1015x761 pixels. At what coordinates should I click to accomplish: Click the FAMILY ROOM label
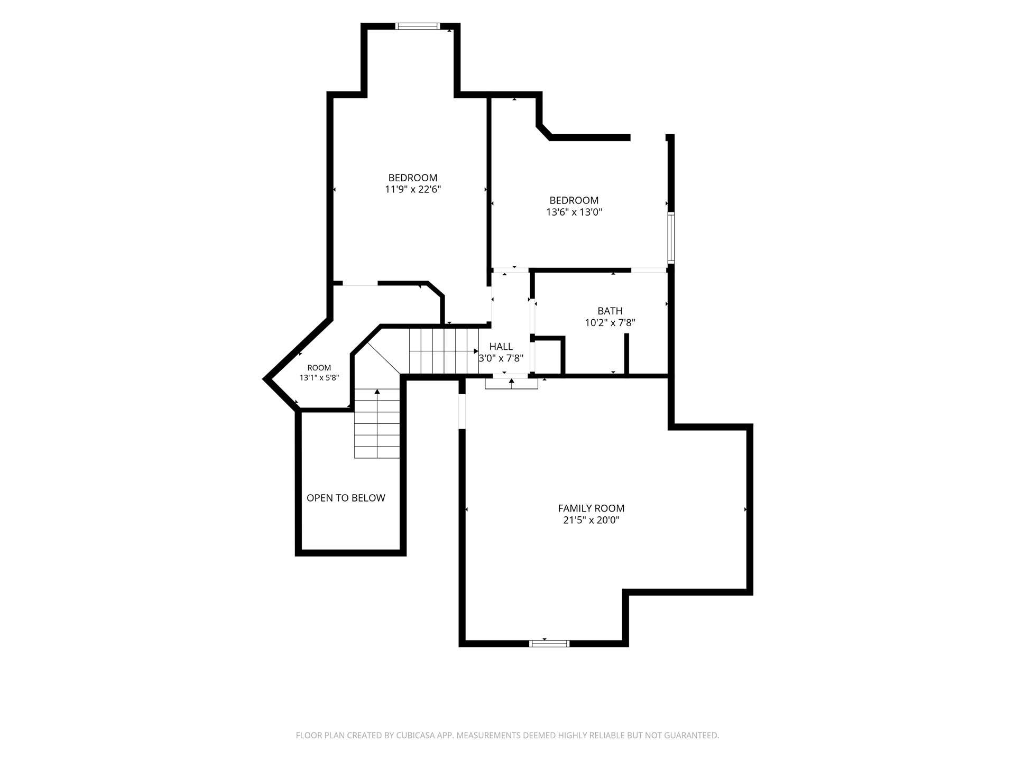coord(591,508)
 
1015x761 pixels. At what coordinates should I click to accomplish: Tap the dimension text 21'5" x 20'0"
coord(591,520)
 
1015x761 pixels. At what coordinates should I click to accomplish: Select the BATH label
coord(610,311)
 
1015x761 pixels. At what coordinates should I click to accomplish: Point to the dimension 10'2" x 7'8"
coord(610,322)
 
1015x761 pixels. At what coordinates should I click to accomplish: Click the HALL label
coord(501,347)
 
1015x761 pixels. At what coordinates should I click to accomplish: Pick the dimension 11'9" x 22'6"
coord(413,189)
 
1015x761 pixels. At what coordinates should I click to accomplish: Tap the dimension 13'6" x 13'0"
coord(574,212)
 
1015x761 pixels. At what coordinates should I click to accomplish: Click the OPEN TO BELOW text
coord(346,498)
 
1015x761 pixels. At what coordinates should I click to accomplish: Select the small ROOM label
coord(319,368)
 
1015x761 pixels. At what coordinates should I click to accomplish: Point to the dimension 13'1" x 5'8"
coord(319,378)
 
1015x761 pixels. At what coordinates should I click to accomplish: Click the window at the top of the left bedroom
coord(418,26)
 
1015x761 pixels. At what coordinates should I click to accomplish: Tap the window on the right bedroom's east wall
coord(671,238)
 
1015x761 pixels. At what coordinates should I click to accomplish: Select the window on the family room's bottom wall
coord(549,643)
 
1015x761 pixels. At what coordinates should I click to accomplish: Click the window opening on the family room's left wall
coord(462,412)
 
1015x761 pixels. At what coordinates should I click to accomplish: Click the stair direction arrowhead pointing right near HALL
coord(476,351)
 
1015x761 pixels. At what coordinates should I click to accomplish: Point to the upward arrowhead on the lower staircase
coord(377,392)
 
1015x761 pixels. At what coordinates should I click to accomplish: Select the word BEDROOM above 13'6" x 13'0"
coord(574,200)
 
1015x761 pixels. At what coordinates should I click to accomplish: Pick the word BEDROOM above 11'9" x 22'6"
coord(413,178)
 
